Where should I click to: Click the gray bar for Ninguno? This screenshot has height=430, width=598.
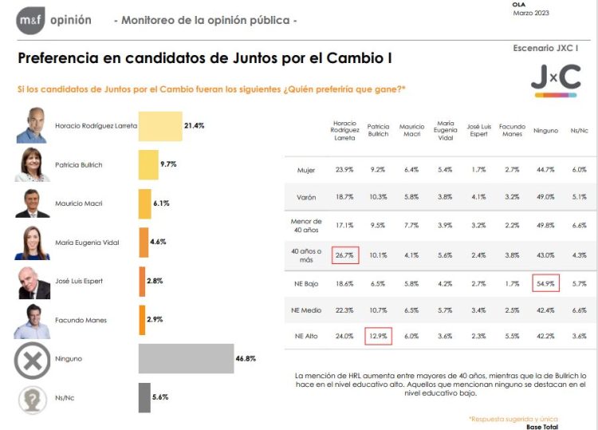[186, 359]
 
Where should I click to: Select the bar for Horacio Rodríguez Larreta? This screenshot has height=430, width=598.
[160, 126]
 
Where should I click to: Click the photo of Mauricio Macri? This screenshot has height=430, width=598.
[33, 203]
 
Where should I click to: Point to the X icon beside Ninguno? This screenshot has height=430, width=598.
[33, 360]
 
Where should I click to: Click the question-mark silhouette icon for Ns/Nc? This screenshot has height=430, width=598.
[33, 398]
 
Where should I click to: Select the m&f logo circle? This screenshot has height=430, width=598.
[30, 20]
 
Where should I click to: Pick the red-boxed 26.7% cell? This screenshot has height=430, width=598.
[345, 255]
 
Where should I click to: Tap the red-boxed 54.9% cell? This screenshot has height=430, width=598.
[545, 282]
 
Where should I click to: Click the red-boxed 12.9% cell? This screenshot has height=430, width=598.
[379, 337]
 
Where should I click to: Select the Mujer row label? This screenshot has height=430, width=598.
[307, 169]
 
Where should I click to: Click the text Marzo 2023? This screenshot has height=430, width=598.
[531, 13]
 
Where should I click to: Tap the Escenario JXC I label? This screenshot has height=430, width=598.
[545, 49]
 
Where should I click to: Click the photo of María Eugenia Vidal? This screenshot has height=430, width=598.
[33, 243]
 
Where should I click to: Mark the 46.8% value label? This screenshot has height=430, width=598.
[246, 359]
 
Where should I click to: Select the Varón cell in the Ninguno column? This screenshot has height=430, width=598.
[545, 196]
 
